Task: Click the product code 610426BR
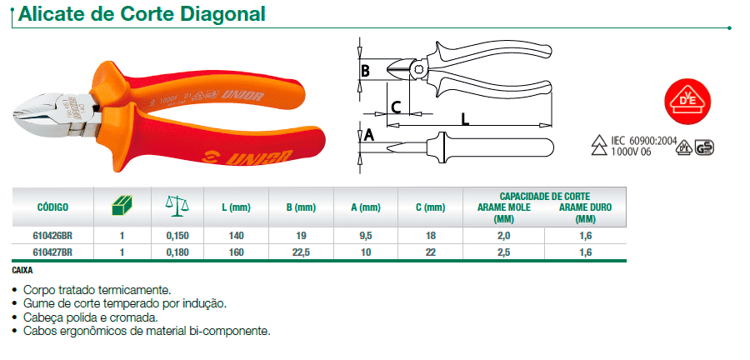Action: pos(53,236)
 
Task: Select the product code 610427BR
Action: pos(53,251)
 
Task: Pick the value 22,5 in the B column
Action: pos(301,251)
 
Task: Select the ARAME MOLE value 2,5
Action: pos(503,251)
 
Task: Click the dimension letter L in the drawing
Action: pos(465,118)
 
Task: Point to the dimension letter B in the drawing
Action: pos(364,71)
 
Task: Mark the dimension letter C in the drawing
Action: pos(397,106)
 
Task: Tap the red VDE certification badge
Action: pos(687,99)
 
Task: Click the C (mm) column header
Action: pos(430,207)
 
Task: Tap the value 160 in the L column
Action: pos(236,251)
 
